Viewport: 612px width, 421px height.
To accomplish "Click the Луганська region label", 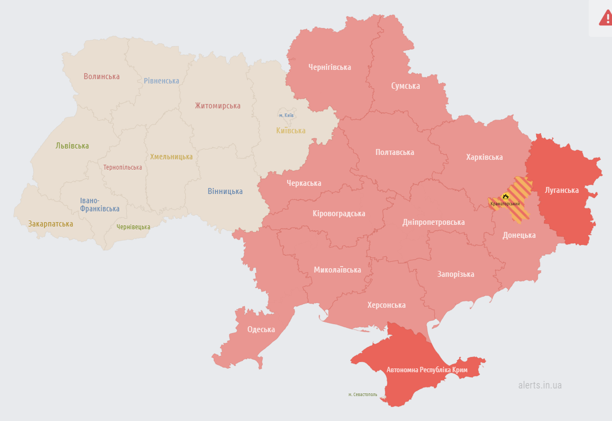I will pos(562,190).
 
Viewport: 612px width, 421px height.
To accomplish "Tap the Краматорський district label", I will pos(505,204).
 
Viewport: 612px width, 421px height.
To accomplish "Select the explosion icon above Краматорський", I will pos(505,196).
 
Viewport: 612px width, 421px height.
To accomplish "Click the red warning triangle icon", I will pos(605,17).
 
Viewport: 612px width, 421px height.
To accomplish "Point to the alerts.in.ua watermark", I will pos(539,385).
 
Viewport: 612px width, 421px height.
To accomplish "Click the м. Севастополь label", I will pos(363,394).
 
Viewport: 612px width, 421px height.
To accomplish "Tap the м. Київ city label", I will pos(287,115).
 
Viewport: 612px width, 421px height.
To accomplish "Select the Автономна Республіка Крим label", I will pos(427,370).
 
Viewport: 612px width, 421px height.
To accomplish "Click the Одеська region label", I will pos(261,329).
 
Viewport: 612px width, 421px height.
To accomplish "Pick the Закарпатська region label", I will pos(50,224).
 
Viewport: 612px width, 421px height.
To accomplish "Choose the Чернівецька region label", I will pos(133,227).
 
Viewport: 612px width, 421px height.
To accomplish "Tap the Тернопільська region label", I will pos(123,167).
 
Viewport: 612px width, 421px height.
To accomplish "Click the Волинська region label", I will pos(101,76).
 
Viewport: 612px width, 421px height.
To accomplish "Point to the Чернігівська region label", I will pos(329,67).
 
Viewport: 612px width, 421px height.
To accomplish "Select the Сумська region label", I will pos(405,86).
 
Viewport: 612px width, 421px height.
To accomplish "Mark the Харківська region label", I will pos(484,157).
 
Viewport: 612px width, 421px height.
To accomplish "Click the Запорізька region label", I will pos(455,274).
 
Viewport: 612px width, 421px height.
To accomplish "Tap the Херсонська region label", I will pos(386,305).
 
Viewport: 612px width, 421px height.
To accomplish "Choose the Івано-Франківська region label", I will pos(100,205).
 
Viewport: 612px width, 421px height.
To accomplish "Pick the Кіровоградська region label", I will pos(338,213).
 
